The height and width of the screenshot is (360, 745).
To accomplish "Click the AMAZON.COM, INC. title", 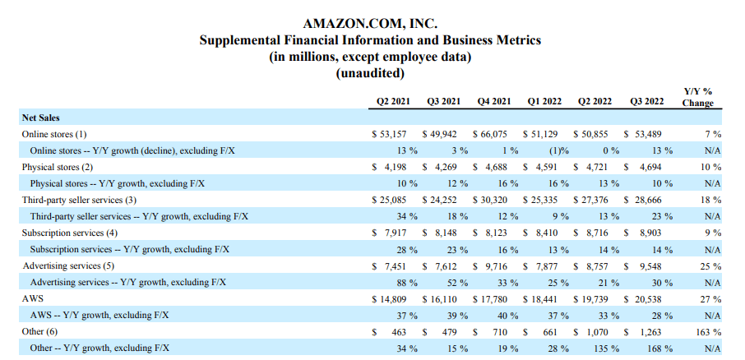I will (x=371, y=23).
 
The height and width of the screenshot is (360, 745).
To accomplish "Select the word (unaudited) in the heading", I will (x=371, y=72).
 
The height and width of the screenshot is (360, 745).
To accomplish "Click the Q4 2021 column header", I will (x=494, y=102).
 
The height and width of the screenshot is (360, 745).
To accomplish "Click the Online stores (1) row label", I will (x=54, y=133).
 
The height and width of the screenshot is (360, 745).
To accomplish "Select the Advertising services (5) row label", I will (x=67, y=265).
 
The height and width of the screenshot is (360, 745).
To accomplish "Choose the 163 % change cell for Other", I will (x=709, y=332).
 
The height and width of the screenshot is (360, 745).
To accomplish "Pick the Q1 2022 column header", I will (x=544, y=102).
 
